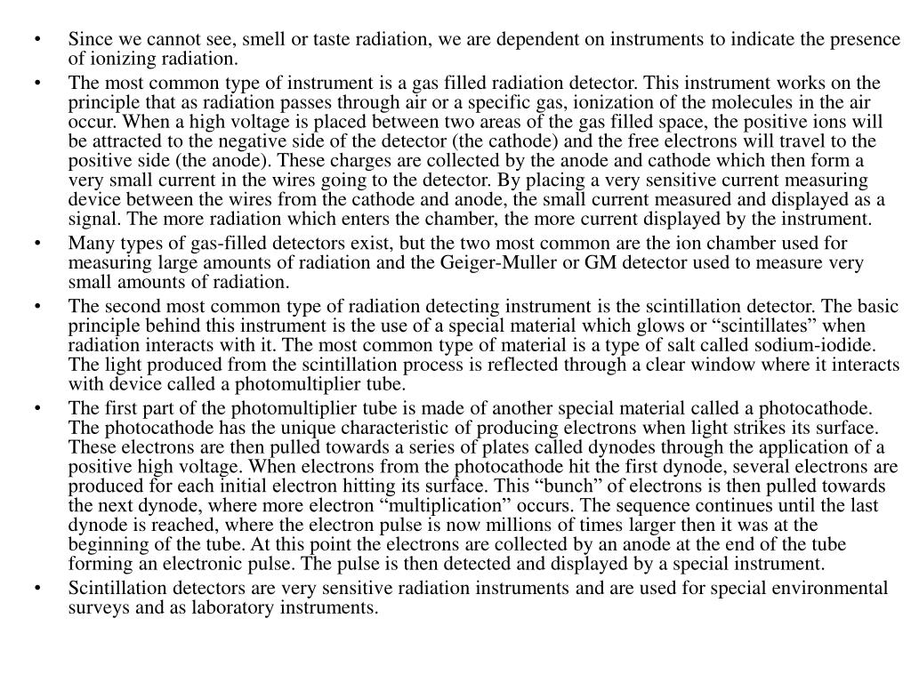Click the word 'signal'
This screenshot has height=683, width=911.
(93, 219)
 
